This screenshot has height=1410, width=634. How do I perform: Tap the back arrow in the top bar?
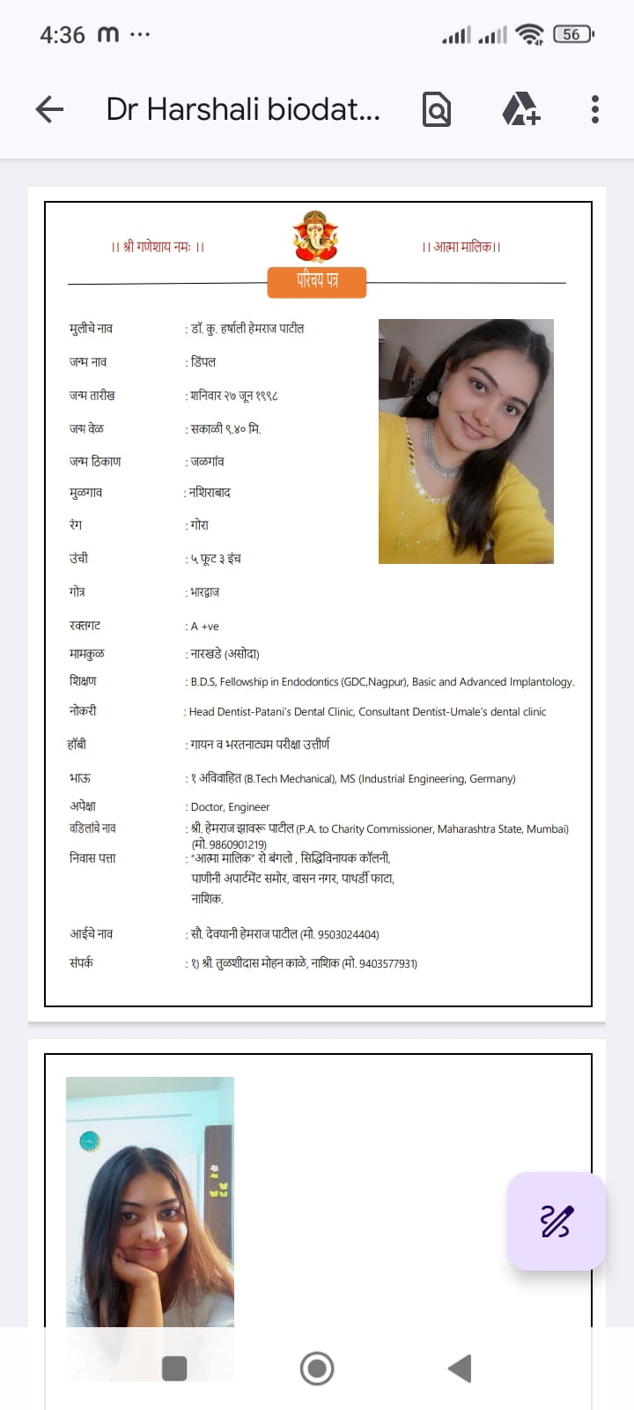click(50, 109)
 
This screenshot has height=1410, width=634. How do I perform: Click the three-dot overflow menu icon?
click(595, 109)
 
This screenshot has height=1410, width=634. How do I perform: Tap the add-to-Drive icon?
click(520, 109)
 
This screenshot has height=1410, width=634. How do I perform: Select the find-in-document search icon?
click(437, 109)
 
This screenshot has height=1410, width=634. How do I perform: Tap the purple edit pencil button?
click(556, 1221)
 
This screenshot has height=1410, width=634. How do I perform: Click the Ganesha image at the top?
click(315, 236)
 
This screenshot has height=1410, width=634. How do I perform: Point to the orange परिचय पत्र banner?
click(317, 281)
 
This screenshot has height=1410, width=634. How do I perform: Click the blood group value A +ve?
click(204, 627)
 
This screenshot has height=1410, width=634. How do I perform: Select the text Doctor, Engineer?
click(230, 807)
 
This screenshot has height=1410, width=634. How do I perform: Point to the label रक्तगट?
click(85, 626)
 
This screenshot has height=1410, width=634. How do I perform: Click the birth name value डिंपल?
click(203, 362)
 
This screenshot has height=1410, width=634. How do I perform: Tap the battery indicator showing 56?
click(572, 34)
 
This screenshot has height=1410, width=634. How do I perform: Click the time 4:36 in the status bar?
click(62, 35)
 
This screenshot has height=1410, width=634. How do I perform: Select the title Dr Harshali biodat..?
click(243, 109)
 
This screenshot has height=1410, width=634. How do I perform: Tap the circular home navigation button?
click(317, 1369)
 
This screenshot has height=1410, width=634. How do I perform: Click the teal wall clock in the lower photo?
click(90, 1141)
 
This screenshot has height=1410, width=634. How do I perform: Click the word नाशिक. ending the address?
click(208, 899)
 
